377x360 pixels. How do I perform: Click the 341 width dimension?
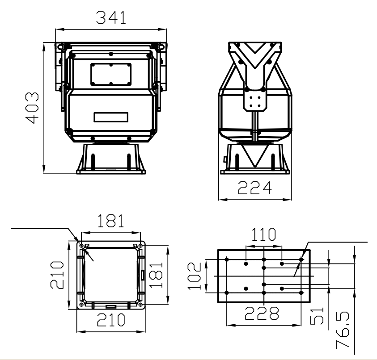(x=111, y=17)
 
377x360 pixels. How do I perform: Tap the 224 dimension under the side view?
(x=254, y=188)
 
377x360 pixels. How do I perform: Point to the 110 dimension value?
(x=263, y=234)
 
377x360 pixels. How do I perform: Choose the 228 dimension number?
(x=263, y=314)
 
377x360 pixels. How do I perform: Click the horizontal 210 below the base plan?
(x=110, y=320)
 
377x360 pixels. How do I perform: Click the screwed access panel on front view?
(x=110, y=74)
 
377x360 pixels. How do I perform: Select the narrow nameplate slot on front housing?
(x=110, y=117)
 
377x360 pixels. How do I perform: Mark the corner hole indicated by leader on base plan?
(x=81, y=245)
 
